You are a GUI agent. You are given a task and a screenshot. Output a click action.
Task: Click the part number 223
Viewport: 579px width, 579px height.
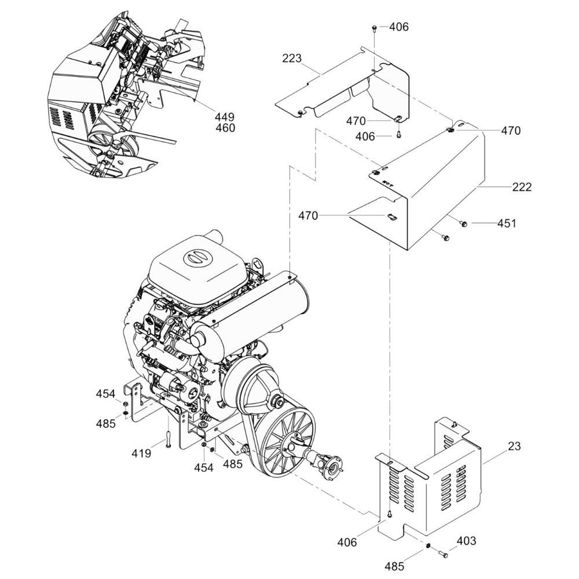(x=292, y=58)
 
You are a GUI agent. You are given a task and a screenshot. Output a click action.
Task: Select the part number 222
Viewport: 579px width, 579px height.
(x=522, y=187)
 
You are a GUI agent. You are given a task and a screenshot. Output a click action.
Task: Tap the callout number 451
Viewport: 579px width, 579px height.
(x=507, y=223)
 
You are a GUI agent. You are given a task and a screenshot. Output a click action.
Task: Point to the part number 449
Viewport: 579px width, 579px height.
(x=225, y=117)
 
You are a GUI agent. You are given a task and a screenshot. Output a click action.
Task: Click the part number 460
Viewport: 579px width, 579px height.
(x=225, y=128)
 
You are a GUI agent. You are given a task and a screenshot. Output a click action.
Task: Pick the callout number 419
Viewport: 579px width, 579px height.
(x=141, y=453)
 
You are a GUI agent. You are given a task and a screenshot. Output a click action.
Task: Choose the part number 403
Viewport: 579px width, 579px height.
(x=466, y=541)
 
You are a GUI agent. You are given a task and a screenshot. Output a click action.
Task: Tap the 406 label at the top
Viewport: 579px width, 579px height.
(x=399, y=27)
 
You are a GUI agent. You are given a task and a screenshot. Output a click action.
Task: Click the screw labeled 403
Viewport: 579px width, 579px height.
(x=444, y=554)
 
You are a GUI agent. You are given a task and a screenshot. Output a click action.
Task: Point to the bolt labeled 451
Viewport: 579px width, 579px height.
(x=463, y=223)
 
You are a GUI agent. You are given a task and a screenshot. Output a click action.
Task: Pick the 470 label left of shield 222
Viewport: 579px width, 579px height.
(x=308, y=215)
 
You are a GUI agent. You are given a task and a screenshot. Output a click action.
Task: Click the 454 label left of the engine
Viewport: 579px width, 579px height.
(x=105, y=394)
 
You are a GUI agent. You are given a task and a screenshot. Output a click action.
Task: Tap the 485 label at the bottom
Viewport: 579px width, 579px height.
(x=394, y=566)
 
